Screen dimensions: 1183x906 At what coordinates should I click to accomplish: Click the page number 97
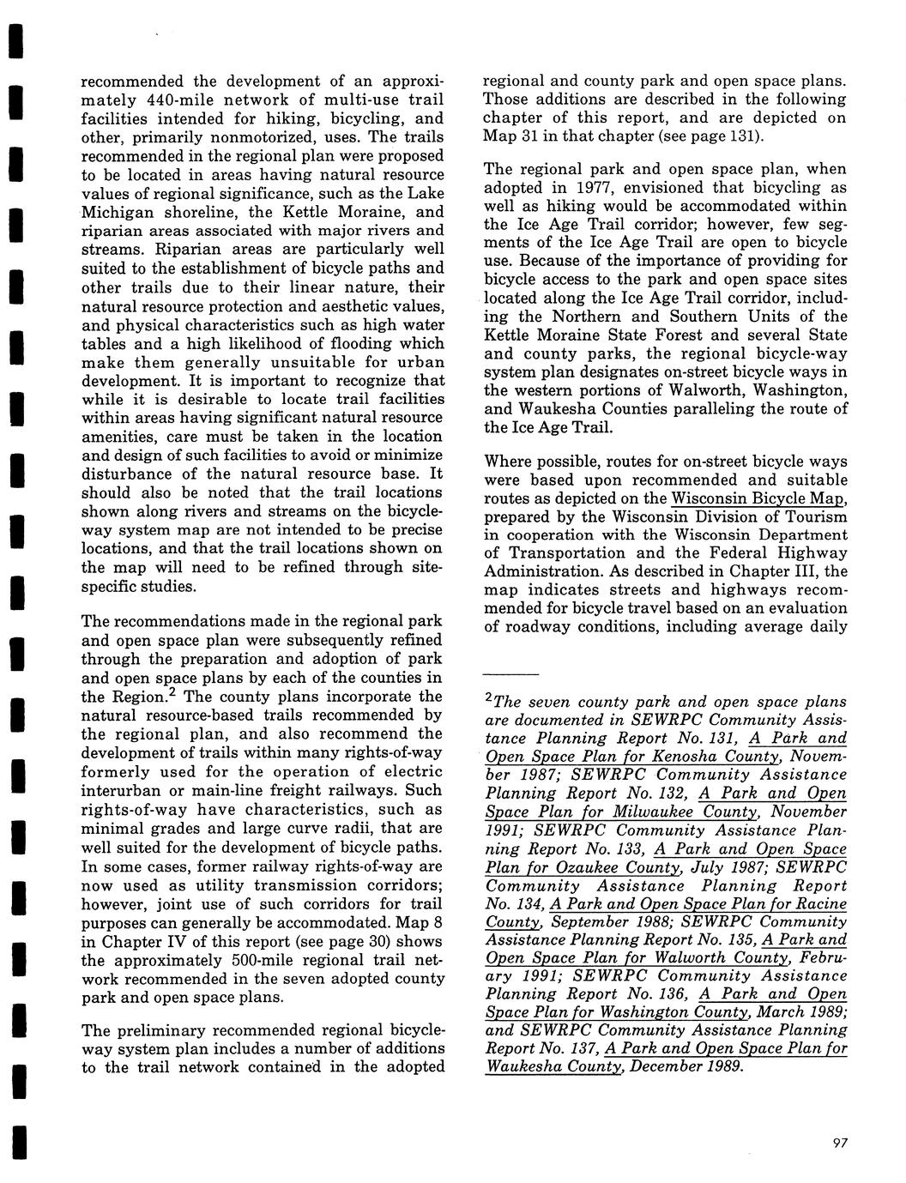click(x=839, y=1142)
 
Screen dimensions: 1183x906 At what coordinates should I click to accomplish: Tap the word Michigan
click(x=118, y=212)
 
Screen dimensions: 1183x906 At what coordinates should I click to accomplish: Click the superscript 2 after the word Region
click(x=172, y=691)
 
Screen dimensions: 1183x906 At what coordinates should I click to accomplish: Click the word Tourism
click(x=814, y=516)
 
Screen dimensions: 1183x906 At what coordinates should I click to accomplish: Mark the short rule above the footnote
click(x=511, y=674)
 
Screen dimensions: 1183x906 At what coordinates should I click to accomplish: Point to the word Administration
click(x=543, y=572)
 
